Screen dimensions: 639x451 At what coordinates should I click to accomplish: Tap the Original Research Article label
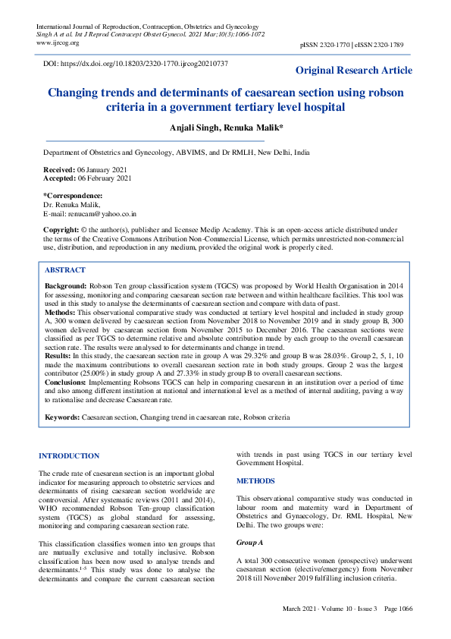click(x=354, y=71)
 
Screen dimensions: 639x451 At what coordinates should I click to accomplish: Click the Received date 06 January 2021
click(x=101, y=170)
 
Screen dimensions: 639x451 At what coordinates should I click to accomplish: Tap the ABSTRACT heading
click(x=65, y=270)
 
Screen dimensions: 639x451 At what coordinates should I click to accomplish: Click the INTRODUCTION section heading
click(x=69, y=456)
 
